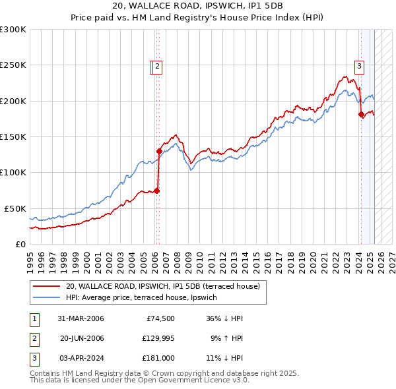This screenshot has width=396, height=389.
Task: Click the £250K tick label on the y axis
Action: click(13, 65)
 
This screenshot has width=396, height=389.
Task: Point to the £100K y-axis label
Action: click(13, 172)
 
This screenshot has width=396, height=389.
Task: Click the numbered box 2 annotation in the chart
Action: click(159, 65)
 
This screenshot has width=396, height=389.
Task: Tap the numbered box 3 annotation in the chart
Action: click(360, 65)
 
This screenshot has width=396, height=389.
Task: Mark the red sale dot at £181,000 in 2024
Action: click(361, 115)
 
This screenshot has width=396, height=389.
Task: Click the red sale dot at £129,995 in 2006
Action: click(159, 151)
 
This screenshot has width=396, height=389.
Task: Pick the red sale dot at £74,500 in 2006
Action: click(157, 191)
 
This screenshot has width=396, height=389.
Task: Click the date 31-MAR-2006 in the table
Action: click(81, 318)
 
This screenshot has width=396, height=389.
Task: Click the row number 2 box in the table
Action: click(34, 338)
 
